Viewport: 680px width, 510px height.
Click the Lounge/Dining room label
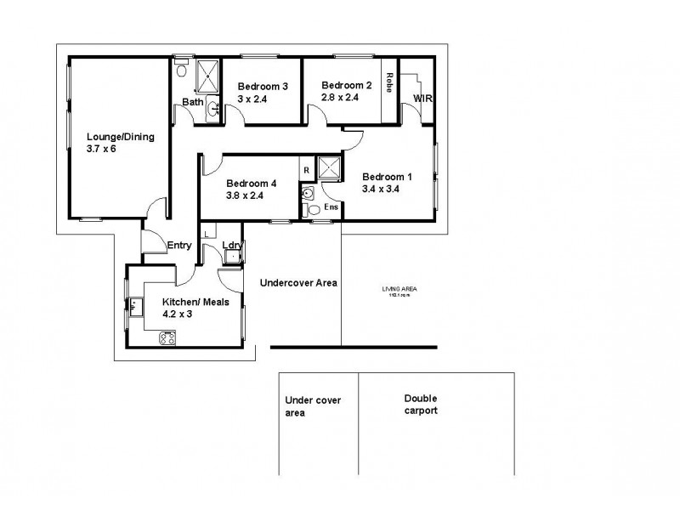pos(120,135)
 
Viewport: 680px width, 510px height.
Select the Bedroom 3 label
pos(263,86)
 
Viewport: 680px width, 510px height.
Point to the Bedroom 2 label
pos(346,84)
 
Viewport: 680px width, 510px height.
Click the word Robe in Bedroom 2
pos(388,82)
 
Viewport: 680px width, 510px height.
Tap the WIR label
pos(423,99)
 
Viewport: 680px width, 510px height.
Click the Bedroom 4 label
pos(252,182)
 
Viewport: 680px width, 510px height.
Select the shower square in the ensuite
pos(330,168)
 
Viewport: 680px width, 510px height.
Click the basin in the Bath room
pos(213,108)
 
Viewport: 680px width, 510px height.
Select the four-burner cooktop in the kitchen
pos(166,339)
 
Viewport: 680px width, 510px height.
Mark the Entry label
pos(178,246)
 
